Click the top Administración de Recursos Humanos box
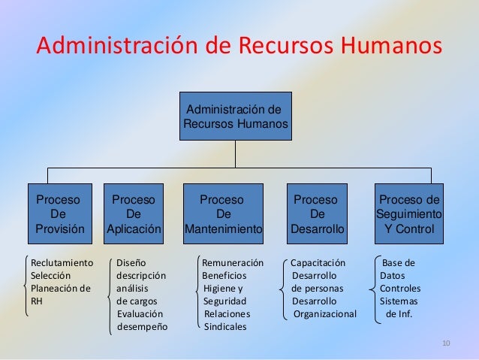tap(235, 116)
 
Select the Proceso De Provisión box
tap(60, 213)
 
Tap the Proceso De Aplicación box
tap(134, 213)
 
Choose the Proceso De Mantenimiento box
tap(223, 213)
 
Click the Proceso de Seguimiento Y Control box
tap(409, 213)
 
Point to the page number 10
tap(447, 344)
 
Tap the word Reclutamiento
tap(62, 263)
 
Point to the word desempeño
tap(143, 327)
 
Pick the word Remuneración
tap(233, 263)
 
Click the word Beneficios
tap(226, 276)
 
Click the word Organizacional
tap(325, 314)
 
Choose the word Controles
tap(400, 289)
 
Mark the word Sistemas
tap(399, 301)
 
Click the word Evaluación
tap(140, 314)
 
